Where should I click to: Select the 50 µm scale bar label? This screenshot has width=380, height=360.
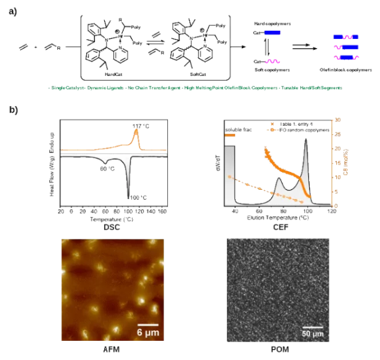[x=313, y=333]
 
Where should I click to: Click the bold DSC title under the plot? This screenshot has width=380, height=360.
[x=112, y=227]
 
